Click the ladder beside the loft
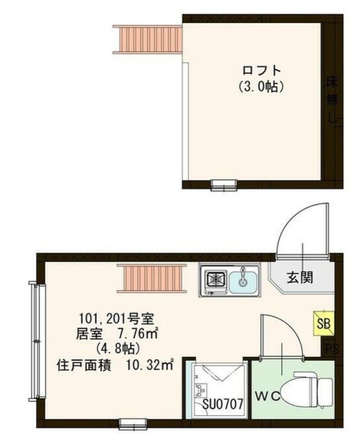[x=148, y=39]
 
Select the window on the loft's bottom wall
[x=224, y=186]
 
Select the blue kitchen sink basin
[x=243, y=279]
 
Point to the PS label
[x=332, y=349]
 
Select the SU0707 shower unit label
[x=223, y=404]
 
